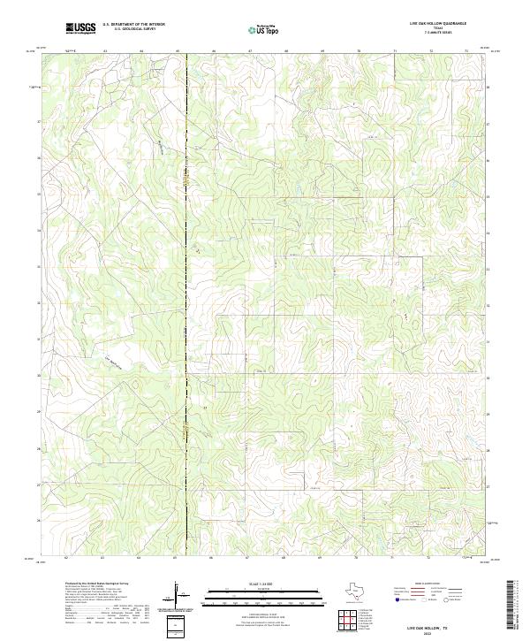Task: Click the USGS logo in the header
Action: coord(80,28)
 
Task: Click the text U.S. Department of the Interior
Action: coord(133,24)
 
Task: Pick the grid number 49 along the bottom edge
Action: coord(322,559)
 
